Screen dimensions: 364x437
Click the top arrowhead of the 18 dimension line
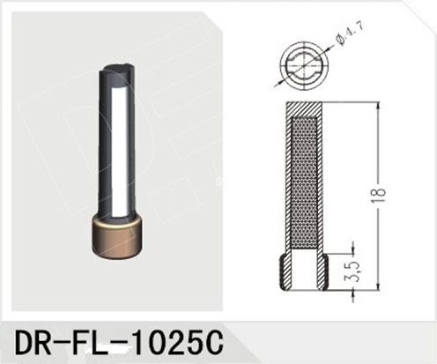coord(380,105)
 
